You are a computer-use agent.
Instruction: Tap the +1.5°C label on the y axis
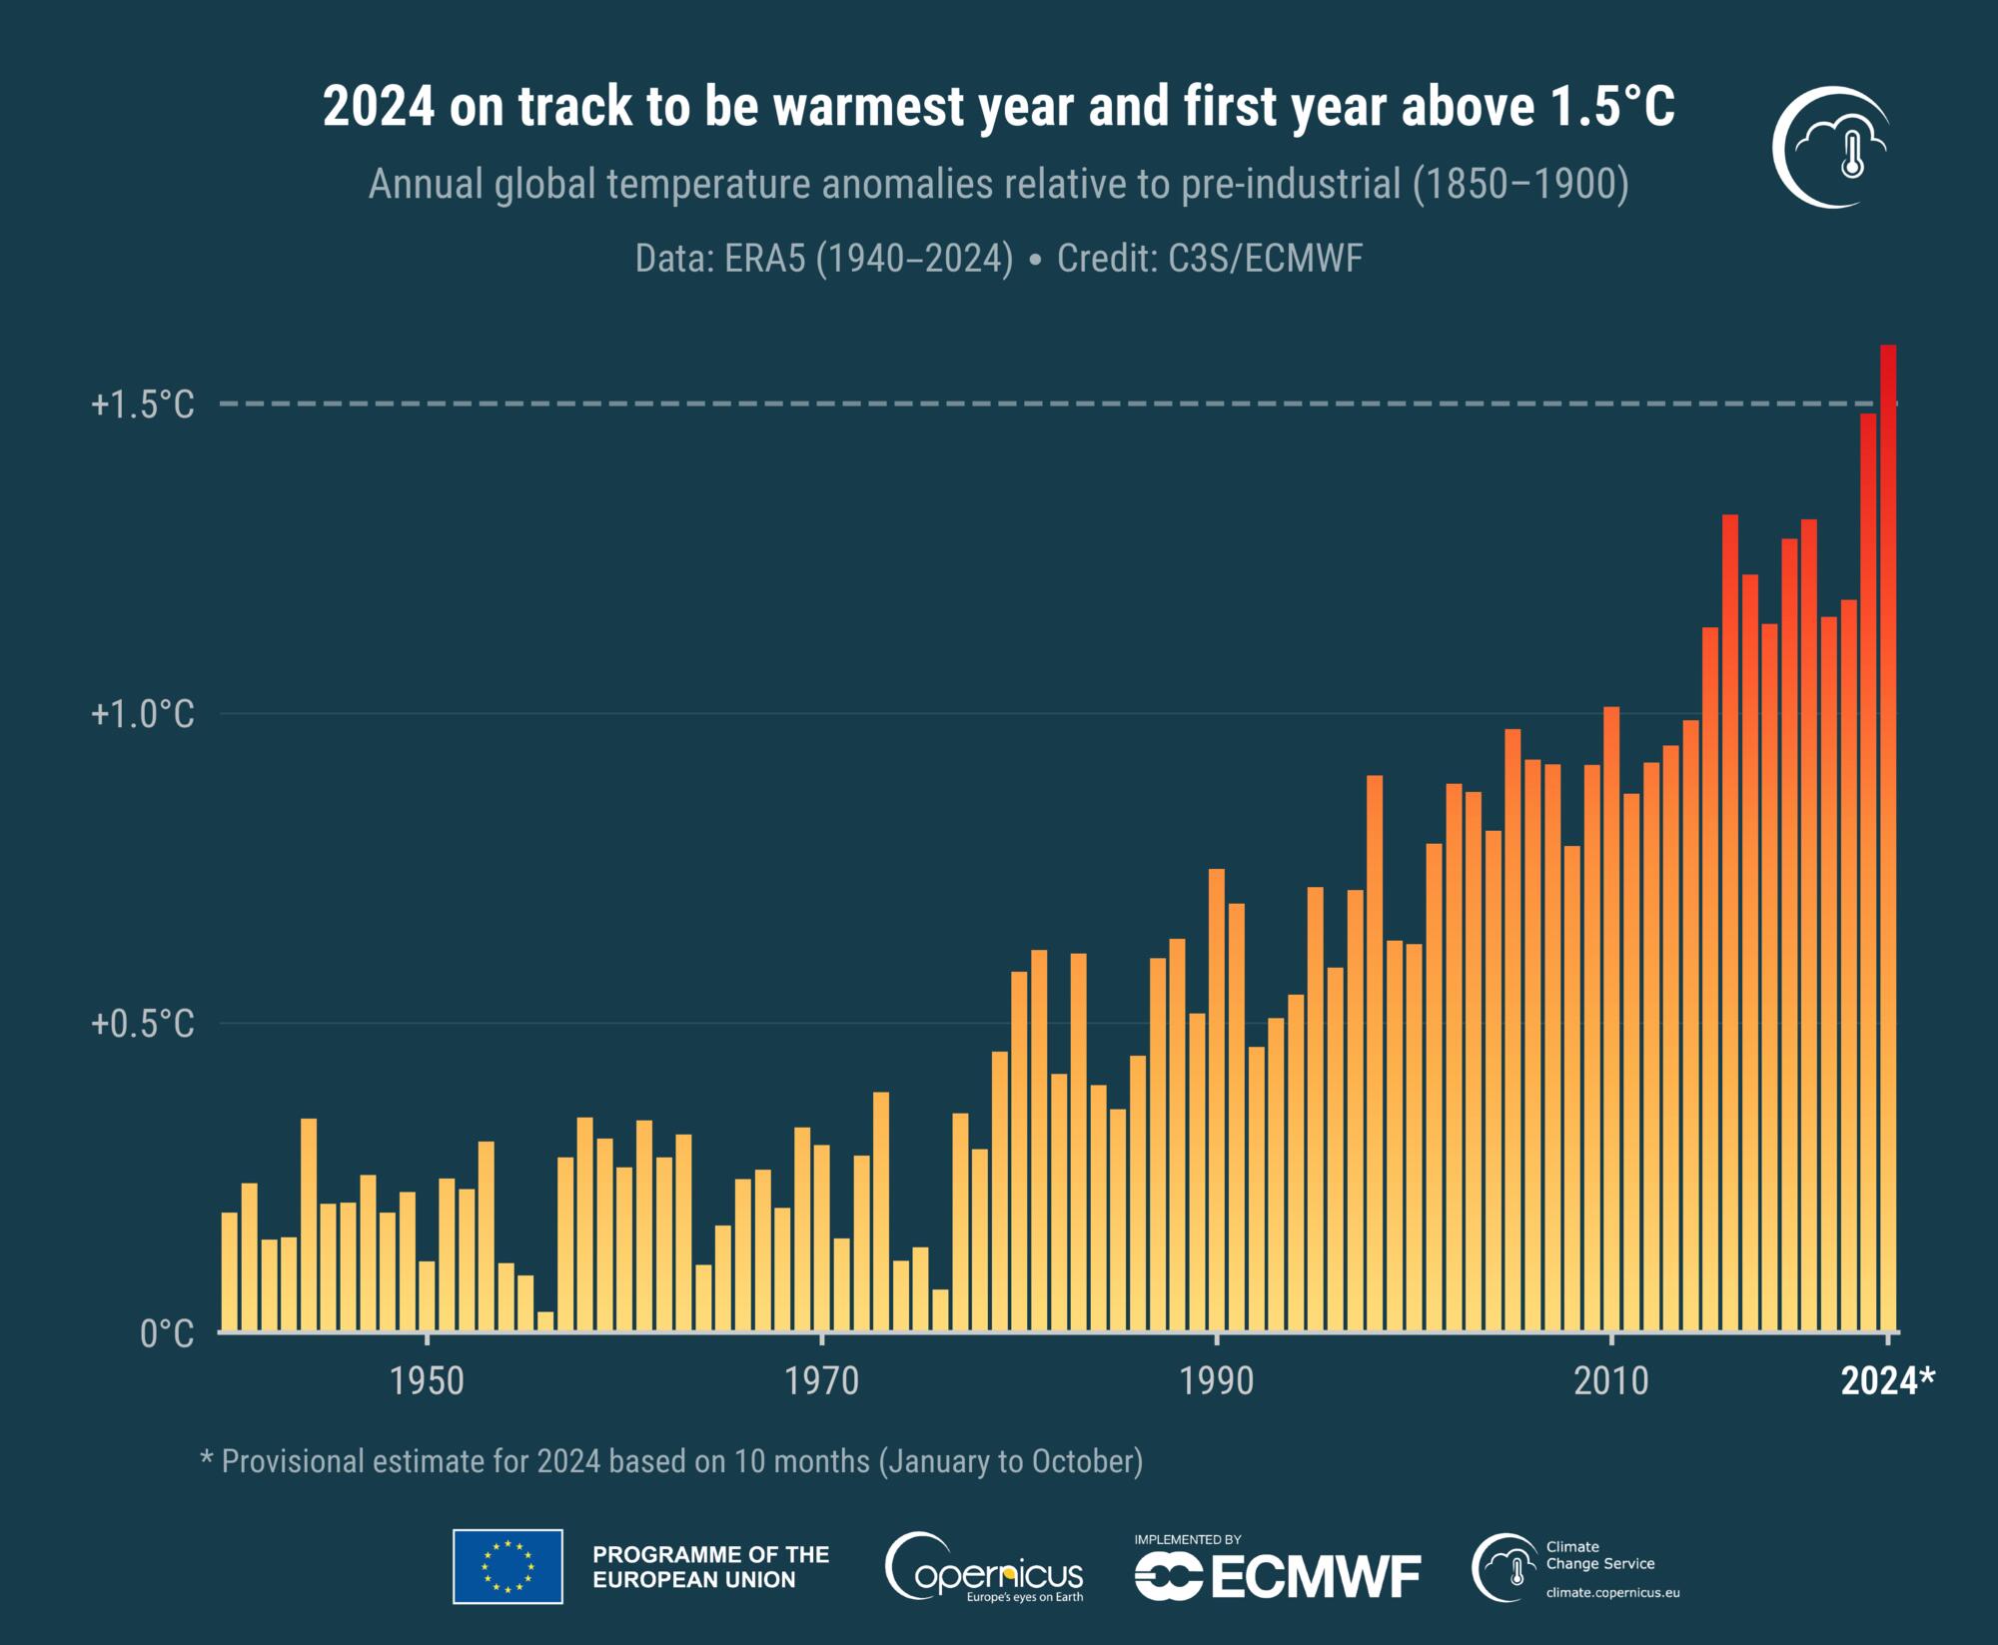[143, 405]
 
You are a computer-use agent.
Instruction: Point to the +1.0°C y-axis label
[143, 714]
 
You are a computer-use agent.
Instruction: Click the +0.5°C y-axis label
[143, 1024]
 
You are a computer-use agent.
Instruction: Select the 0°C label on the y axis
[166, 1334]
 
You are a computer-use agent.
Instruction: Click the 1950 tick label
[428, 1381]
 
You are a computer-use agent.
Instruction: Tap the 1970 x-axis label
[821, 1381]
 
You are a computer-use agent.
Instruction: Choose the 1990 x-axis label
[1216, 1381]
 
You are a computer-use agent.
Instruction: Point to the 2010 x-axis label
[1610, 1381]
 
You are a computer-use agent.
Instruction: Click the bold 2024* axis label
[1887, 1381]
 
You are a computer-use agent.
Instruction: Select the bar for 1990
[1216, 1099]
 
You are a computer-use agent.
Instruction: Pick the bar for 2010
[1610, 1019]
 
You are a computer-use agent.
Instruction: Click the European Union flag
[507, 1566]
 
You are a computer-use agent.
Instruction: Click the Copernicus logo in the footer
[984, 1568]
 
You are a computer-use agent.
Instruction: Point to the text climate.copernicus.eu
[1612, 1592]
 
